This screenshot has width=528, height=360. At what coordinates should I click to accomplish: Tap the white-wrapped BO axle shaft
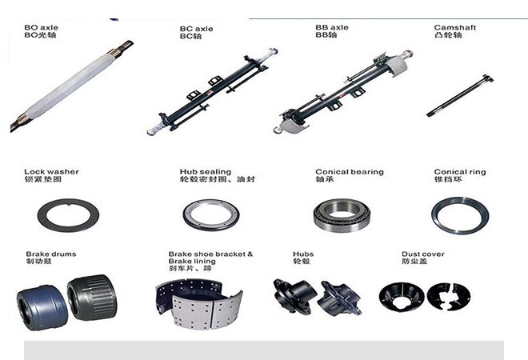[x=71, y=86]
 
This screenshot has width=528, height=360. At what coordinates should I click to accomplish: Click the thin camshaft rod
[x=460, y=96]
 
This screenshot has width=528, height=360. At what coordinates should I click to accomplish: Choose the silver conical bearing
[x=342, y=215]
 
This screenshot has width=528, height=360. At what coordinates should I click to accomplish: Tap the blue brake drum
[x=42, y=308]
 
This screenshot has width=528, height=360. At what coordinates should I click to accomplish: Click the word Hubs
[x=303, y=254]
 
